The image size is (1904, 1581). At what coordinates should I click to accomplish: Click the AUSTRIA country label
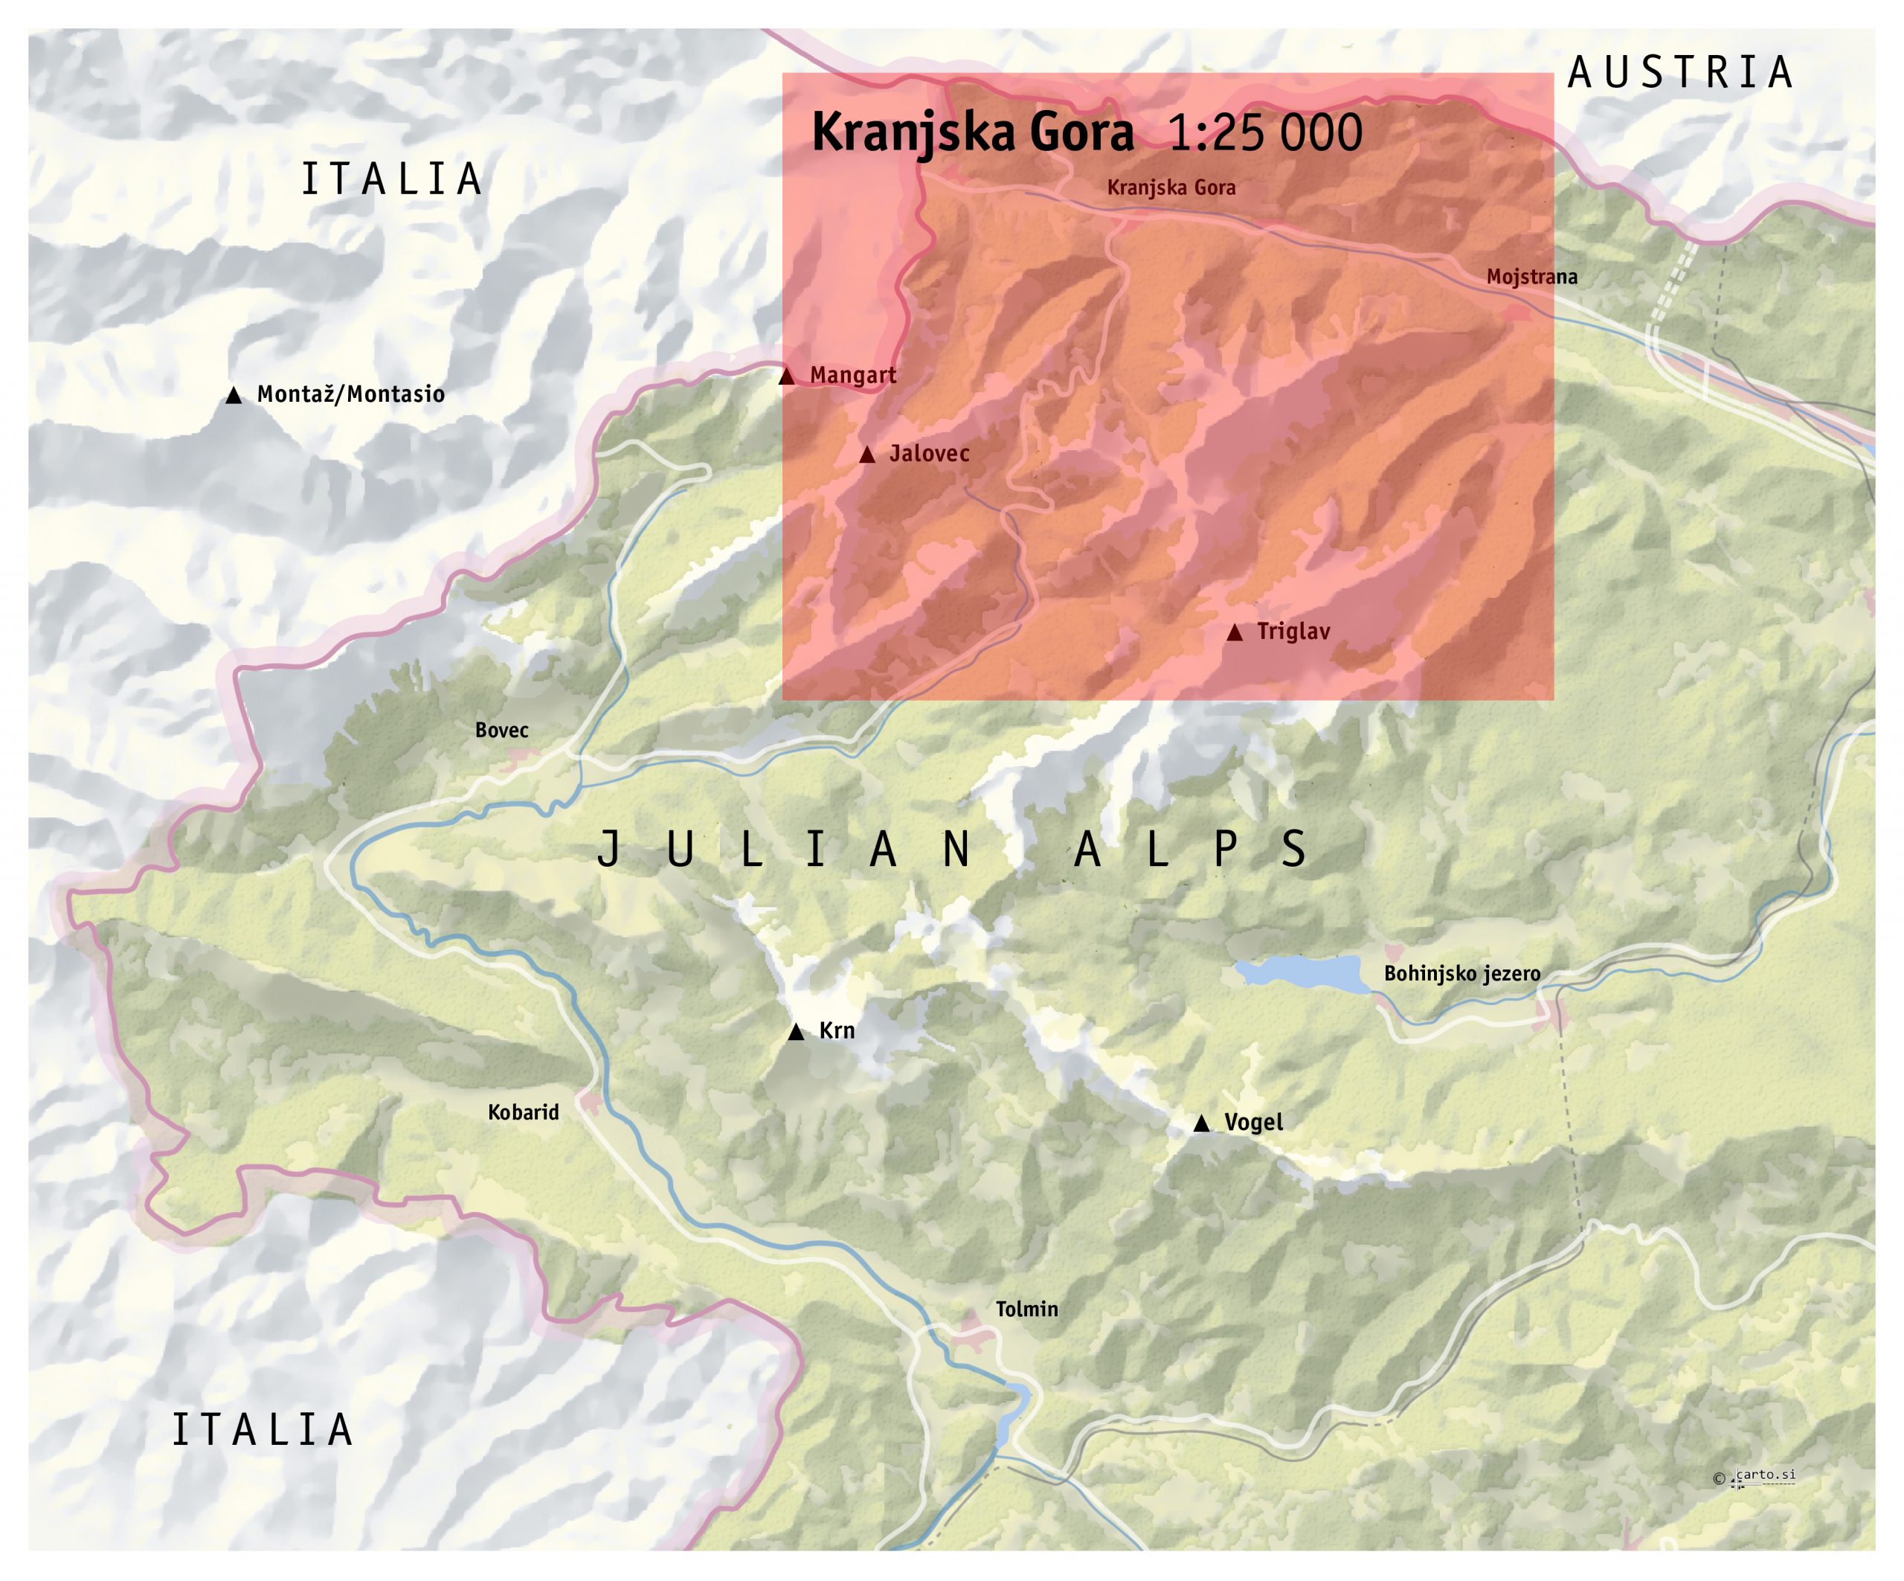pos(1680,74)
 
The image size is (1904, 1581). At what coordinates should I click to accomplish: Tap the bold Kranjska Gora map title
pos(972,132)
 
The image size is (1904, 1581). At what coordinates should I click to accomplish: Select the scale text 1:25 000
pos(1265,133)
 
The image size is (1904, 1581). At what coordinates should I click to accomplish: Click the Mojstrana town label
pos(1531,277)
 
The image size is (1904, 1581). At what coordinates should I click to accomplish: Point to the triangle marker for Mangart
pos(787,376)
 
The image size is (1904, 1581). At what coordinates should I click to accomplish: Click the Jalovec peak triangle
pos(866,455)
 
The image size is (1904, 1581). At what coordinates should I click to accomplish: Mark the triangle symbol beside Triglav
pos(1234,632)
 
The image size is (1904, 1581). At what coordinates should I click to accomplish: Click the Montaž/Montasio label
pos(351,394)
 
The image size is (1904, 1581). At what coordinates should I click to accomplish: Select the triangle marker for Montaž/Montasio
pos(234,396)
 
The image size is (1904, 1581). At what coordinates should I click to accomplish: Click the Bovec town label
pos(501,730)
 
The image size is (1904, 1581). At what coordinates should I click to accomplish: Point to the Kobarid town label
pos(523,1112)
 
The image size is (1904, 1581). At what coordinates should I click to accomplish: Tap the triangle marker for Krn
pos(796,1031)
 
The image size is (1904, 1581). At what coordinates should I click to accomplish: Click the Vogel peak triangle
pos(1201,1123)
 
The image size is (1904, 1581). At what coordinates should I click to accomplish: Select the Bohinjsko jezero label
pos(1461,974)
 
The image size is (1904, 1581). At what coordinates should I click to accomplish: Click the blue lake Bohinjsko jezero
pos(1301,972)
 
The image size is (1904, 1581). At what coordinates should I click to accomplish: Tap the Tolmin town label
pos(1026,1309)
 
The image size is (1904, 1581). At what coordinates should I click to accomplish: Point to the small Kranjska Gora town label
pos(1171,187)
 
